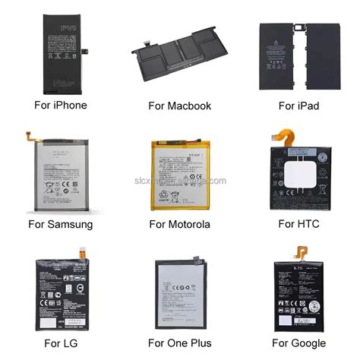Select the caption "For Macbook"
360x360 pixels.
click(180, 105)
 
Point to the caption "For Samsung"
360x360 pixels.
click(60, 224)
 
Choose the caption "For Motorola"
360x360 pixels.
click(180, 224)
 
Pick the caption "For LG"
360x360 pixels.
click(61, 343)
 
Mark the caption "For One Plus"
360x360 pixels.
click(179, 343)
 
